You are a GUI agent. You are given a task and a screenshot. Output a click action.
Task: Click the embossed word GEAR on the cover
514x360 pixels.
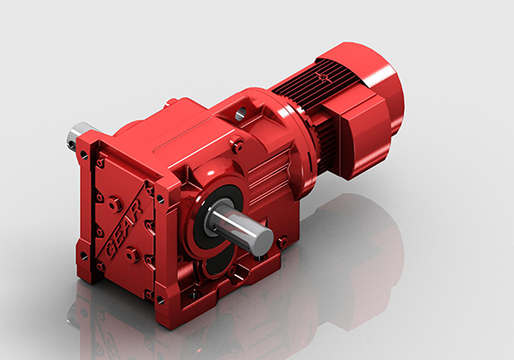[125, 228]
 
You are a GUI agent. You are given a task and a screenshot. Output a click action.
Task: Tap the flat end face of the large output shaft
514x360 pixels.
[264, 238]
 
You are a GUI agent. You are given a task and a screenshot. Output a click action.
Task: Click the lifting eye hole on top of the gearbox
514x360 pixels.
[240, 113]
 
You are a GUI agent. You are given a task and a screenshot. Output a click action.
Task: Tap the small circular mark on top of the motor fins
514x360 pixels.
[324, 77]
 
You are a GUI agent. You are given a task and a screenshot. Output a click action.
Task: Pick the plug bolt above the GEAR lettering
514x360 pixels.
[115, 204]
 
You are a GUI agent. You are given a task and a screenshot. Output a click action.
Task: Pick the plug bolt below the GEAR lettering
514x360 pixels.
[132, 254]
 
